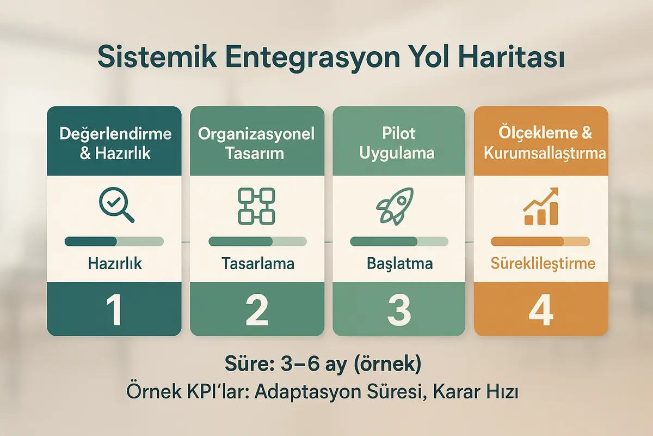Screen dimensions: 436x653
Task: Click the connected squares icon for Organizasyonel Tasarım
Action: pyautogui.click(x=257, y=206)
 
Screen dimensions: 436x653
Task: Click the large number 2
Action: pyautogui.click(x=257, y=309)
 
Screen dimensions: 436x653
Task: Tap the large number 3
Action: pyautogui.click(x=398, y=309)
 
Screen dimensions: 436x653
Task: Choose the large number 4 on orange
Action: pyautogui.click(x=540, y=309)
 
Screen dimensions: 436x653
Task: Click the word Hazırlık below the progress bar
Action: pyautogui.click(x=114, y=264)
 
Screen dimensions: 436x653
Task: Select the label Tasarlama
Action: pyautogui.click(x=258, y=264)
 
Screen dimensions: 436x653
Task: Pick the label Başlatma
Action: pyautogui.click(x=399, y=264)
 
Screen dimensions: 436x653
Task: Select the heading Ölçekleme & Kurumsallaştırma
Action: pyautogui.click(x=541, y=143)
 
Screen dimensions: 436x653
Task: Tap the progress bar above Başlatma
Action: pyautogui.click(x=399, y=241)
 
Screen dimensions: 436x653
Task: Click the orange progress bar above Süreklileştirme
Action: pyautogui.click(x=540, y=241)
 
